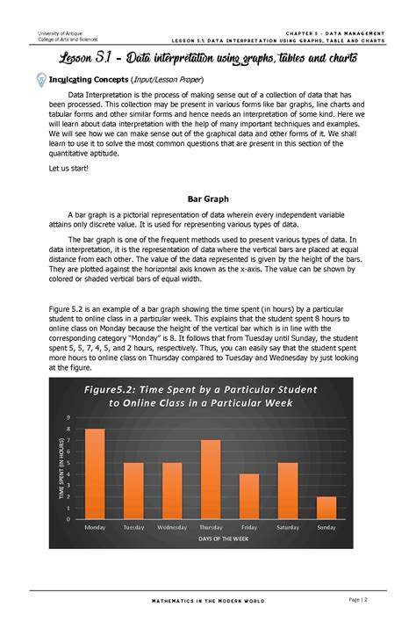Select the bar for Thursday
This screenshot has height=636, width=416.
tap(210, 480)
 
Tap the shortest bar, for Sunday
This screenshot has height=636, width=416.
tap(326, 508)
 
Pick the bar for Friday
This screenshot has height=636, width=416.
tap(248, 497)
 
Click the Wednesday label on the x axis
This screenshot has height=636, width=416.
tap(171, 527)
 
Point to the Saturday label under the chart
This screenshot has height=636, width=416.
tap(287, 527)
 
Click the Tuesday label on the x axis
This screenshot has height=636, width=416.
tap(133, 527)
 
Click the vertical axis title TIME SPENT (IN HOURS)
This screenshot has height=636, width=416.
tap(61, 468)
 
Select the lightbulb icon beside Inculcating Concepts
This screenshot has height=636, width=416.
tap(40, 79)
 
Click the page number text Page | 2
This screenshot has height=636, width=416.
tap(357, 599)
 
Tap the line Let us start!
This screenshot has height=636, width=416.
tap(67, 167)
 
